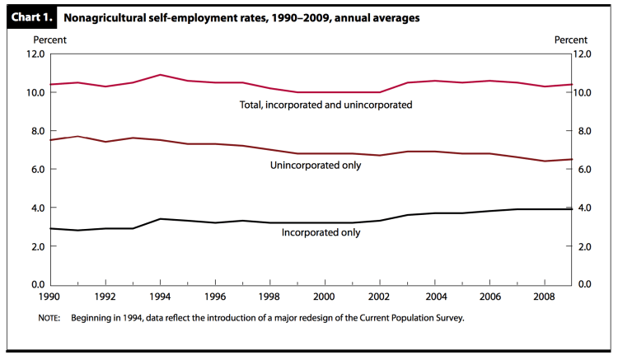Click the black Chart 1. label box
(32, 16)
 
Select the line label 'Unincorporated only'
(316, 166)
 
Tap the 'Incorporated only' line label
(320, 232)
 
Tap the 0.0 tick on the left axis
(36, 284)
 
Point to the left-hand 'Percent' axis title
(49, 40)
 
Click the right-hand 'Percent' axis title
(570, 40)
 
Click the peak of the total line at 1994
(160, 75)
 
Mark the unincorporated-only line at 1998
(269, 149)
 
